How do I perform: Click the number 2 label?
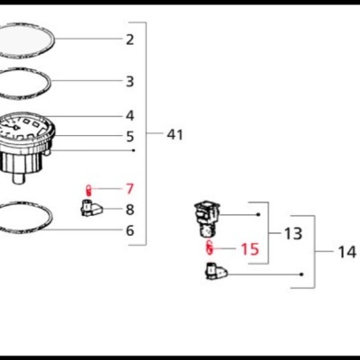130,40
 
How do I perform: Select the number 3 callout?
130,82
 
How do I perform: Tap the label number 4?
130,116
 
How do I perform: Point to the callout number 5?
130,137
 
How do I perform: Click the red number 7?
130,189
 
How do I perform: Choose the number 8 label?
130,210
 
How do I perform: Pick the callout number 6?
130,230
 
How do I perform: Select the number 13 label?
293,234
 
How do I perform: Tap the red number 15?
249,248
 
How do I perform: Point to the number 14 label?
346,252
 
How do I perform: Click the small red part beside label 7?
88,189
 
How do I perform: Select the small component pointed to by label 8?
92,210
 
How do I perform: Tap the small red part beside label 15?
209,247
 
